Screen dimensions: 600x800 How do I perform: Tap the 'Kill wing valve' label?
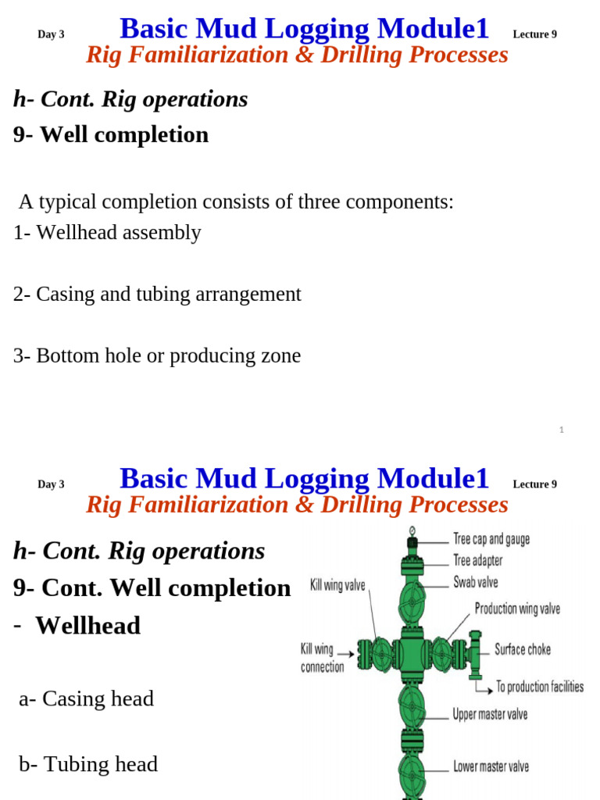[337, 585]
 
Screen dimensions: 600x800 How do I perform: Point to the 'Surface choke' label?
[523, 649]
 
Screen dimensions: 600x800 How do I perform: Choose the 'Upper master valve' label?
[491, 714]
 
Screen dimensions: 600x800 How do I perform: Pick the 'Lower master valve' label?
[491, 766]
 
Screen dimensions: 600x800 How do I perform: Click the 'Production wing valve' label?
[517, 609]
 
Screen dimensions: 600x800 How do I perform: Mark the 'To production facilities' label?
[540, 687]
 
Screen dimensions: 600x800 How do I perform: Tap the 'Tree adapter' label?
[478, 560]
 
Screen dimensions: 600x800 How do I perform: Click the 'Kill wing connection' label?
[323, 658]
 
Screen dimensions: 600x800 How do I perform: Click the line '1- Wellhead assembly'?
[107, 233]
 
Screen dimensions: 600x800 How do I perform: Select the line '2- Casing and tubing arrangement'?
[157, 295]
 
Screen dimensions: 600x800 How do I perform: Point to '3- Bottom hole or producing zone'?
[157, 356]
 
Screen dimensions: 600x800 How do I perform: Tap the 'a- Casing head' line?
[86, 698]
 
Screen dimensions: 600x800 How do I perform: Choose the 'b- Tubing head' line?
[88, 764]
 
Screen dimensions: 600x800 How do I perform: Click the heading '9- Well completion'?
[111, 134]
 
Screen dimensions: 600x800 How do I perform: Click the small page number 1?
[562, 430]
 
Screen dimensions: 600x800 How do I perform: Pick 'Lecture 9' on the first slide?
[534, 34]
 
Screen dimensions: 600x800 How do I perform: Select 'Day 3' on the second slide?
[51, 484]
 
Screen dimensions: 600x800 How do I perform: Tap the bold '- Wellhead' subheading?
[77, 625]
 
